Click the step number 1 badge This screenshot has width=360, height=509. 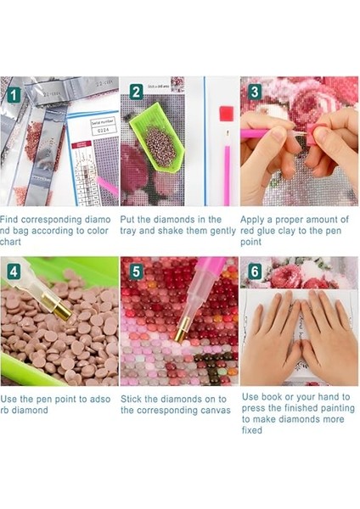coord(14,96)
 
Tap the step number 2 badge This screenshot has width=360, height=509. coord(137,92)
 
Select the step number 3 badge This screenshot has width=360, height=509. coord(255,92)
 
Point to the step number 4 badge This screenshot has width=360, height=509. coord(14,271)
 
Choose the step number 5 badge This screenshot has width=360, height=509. coord(136,271)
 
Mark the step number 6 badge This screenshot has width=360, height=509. coord(255,271)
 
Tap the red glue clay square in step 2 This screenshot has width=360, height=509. coord(227,114)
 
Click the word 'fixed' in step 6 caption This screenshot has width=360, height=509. coord(252,430)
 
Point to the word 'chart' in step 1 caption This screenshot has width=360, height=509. coord(10,242)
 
